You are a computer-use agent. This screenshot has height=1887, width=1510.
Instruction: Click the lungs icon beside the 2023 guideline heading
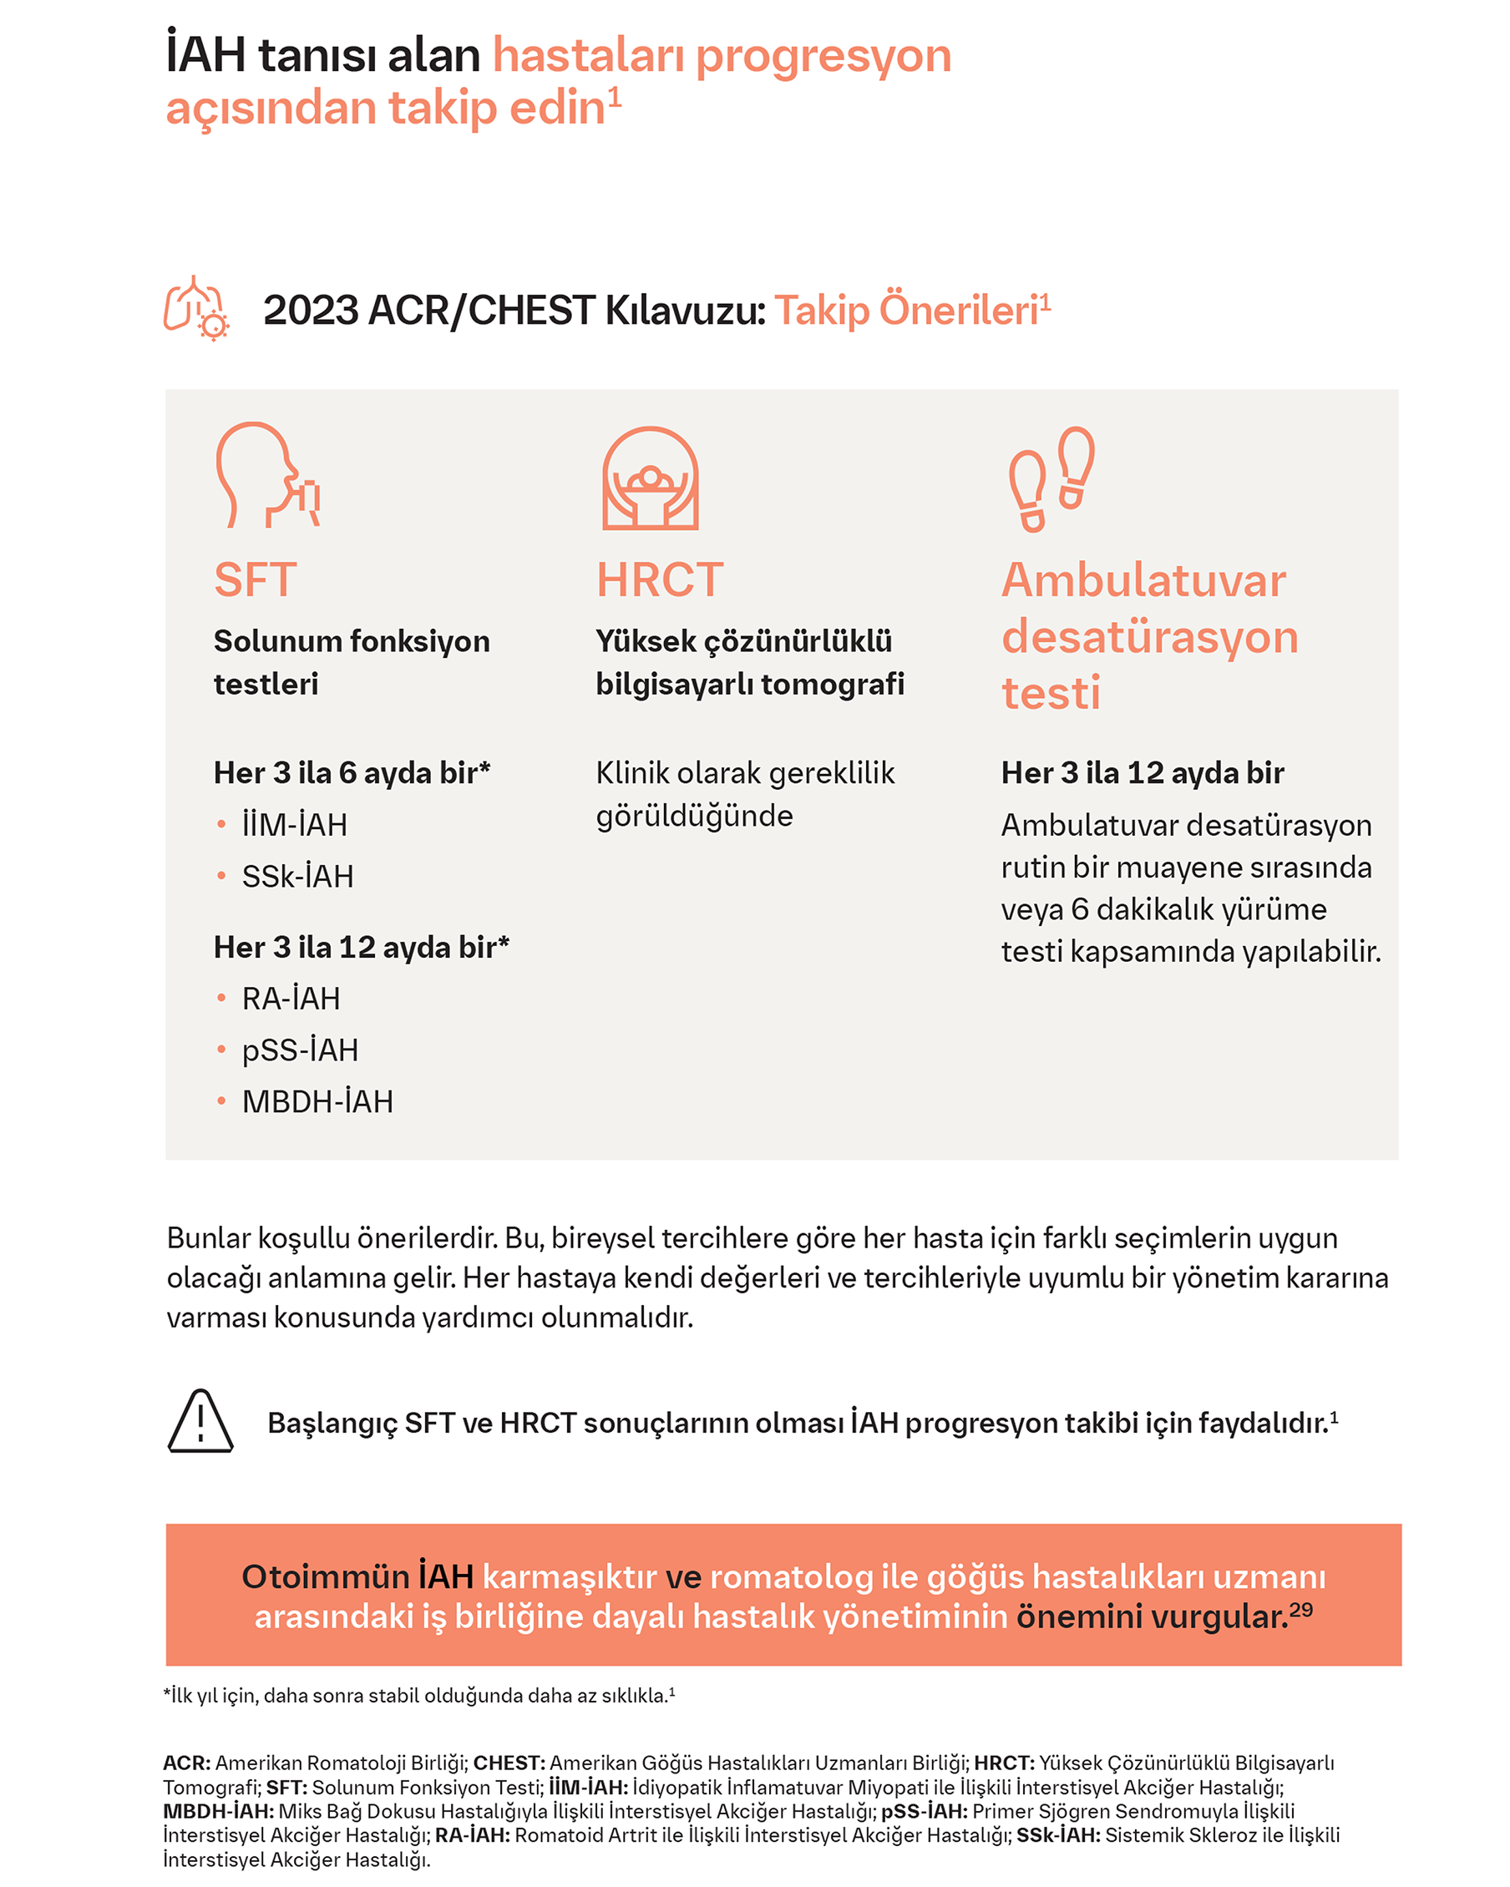coord(196,308)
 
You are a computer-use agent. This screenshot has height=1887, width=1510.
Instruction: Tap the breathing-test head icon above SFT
coord(267,475)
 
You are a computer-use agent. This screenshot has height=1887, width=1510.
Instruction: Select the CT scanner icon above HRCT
coord(650,478)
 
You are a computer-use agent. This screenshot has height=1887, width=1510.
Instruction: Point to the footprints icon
coord(1051,478)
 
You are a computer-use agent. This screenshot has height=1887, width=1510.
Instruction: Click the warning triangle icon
coord(200,1422)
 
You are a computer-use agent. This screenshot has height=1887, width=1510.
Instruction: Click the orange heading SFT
coord(256,580)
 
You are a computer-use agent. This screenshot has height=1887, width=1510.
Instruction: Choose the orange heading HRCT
coord(659,580)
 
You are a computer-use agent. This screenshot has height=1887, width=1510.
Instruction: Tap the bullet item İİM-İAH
coord(294,824)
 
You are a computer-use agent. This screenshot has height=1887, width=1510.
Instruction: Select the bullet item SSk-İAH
coord(297,876)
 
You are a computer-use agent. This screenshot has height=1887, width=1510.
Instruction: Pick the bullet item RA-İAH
coord(291,999)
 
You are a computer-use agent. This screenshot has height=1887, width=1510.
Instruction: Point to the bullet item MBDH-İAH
coord(317,1102)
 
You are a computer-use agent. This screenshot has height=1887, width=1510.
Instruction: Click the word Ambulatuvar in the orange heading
coord(1143,580)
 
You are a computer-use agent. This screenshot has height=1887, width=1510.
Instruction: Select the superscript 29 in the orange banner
coord(1301,1610)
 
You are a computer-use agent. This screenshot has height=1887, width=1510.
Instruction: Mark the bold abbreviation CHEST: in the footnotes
coord(509,1763)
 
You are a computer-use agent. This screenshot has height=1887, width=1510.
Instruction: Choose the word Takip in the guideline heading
coord(822,311)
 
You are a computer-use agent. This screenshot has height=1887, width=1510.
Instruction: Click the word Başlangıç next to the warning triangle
coord(332,1423)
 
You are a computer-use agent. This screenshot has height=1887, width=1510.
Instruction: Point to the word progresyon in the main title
coord(823,55)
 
